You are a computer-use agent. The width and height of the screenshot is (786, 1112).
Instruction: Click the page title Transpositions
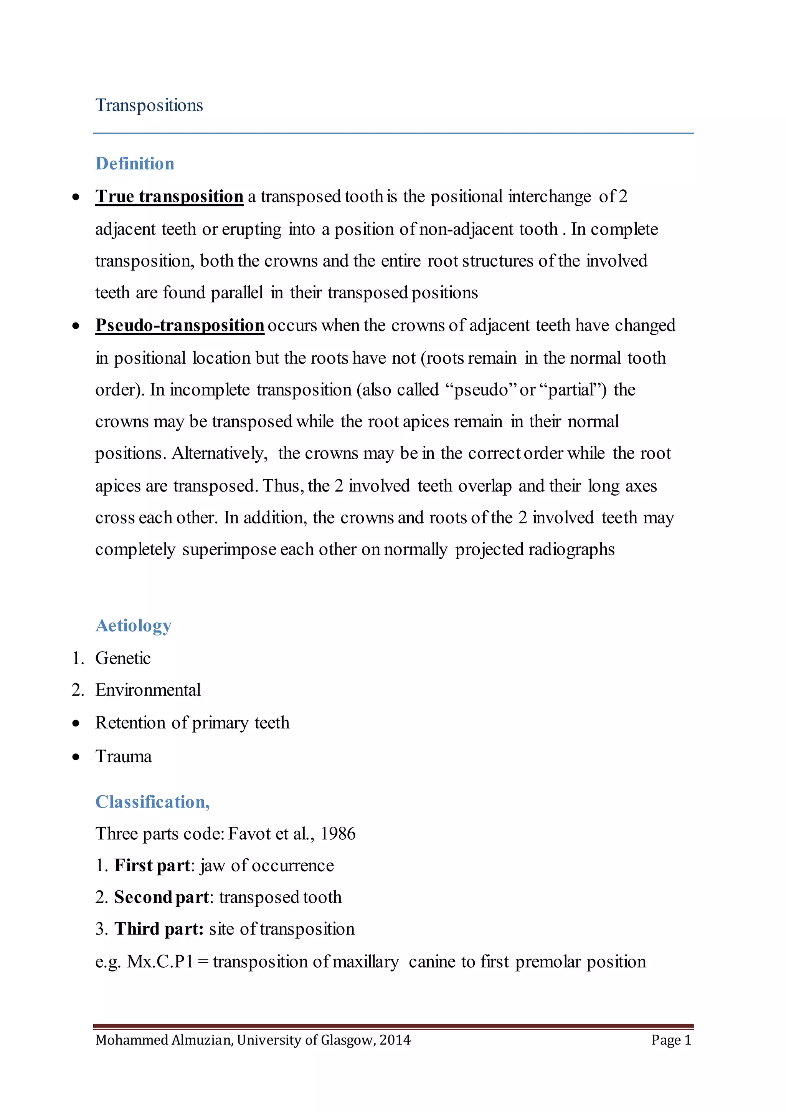[149, 105]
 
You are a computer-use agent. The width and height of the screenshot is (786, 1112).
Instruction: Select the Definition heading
[135, 164]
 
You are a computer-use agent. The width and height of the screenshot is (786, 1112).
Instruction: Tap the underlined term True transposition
[169, 197]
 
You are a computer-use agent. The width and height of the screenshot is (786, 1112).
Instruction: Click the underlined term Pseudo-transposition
[180, 326]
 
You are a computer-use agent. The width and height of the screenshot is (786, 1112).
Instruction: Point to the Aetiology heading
[133, 626]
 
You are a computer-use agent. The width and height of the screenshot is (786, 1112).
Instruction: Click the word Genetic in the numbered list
[123, 658]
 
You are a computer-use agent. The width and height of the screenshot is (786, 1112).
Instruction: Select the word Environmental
[148, 690]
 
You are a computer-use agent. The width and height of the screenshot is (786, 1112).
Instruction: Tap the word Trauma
[124, 756]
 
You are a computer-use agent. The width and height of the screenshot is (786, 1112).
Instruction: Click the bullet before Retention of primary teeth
[76, 723]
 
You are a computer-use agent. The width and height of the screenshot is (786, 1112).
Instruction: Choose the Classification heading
[152, 802]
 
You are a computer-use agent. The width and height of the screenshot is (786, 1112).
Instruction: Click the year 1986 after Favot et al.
[338, 834]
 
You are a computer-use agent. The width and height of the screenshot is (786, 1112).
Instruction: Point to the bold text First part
[152, 866]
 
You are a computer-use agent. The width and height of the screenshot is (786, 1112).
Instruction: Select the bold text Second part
[162, 897]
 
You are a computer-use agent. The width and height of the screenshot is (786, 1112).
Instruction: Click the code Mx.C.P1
[160, 961]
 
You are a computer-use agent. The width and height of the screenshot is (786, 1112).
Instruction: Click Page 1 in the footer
[671, 1040]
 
